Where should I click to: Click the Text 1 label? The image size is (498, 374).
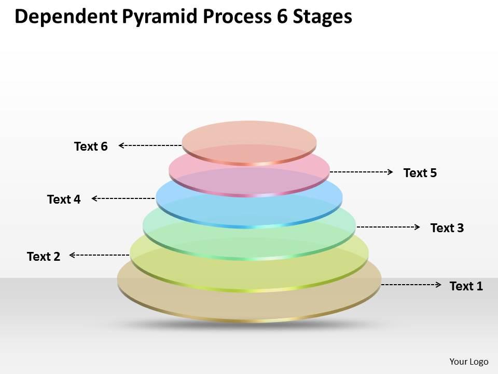pos(466,286)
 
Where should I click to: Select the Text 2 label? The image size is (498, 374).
pos(44,256)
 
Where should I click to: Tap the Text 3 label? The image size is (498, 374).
pos(447,228)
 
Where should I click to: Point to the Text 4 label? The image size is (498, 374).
pos(64,199)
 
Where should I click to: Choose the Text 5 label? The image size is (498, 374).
pos(420,172)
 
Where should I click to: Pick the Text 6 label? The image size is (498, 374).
pos(91,146)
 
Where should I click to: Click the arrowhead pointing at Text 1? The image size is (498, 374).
pos(439,285)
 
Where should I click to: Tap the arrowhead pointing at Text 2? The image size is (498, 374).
pos(72,255)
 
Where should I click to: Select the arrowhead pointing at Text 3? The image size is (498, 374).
pos(417,227)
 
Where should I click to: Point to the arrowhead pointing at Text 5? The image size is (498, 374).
pos(390,171)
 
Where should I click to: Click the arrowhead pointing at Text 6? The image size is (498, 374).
pos(121,146)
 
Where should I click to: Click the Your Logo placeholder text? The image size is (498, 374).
pos(468,362)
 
